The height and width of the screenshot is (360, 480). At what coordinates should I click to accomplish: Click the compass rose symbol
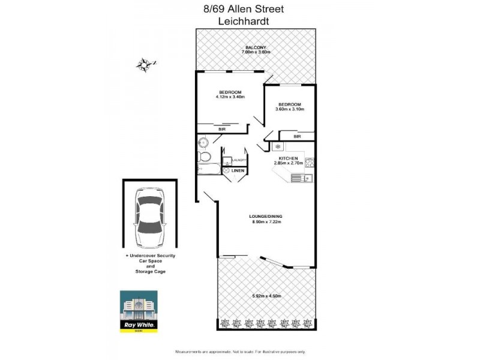144,64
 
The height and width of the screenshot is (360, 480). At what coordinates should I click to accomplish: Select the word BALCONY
256,47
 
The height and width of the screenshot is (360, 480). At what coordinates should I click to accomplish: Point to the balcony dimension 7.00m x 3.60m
256,53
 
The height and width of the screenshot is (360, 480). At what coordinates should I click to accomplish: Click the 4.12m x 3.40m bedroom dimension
230,97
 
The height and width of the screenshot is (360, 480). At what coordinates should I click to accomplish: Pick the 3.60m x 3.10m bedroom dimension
290,109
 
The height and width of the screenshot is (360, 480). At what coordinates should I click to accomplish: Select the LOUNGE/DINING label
266,216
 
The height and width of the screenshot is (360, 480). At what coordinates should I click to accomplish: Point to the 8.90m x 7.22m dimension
266,222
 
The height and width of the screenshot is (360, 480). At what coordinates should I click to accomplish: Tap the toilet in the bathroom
203,158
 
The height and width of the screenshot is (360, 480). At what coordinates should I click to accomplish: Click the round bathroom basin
204,143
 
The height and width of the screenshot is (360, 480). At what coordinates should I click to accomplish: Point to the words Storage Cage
150,271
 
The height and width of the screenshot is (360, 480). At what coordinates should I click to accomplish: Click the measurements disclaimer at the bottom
240,351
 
